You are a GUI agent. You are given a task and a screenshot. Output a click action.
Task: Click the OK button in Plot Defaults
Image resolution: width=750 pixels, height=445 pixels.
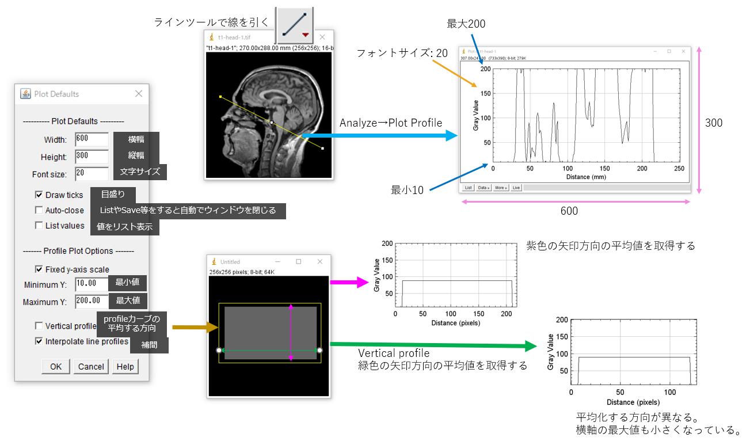click(x=56, y=367)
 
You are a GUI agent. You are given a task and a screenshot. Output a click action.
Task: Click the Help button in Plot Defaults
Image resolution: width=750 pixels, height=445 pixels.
click(x=125, y=367)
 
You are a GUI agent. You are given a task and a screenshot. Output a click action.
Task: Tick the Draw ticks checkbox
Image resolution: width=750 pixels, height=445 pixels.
click(x=39, y=195)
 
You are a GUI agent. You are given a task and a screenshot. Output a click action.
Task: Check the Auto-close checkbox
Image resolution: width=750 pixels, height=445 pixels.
click(x=39, y=210)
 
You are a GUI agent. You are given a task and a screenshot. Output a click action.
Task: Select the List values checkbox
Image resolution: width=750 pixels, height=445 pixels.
click(x=39, y=226)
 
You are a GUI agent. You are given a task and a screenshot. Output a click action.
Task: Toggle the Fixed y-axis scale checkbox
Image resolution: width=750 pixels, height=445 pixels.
click(x=39, y=269)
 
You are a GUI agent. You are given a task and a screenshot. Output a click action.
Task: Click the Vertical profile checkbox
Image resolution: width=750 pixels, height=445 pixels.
click(x=39, y=326)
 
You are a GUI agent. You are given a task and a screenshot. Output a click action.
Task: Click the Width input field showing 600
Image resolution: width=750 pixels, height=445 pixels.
click(x=92, y=140)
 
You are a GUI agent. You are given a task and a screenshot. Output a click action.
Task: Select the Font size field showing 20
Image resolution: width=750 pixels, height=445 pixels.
click(x=92, y=174)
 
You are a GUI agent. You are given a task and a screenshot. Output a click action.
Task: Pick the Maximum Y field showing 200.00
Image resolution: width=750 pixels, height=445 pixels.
click(x=92, y=301)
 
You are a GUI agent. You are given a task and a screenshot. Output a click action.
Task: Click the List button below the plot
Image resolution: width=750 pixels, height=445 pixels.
click(x=468, y=188)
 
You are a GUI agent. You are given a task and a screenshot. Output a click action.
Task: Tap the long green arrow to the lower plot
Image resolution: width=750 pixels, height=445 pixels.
click(x=432, y=344)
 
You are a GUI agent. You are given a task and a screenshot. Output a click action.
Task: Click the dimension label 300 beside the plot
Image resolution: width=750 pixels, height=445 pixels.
click(x=714, y=123)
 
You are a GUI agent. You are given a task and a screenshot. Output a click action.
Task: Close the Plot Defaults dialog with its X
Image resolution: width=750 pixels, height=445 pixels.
click(x=138, y=94)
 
